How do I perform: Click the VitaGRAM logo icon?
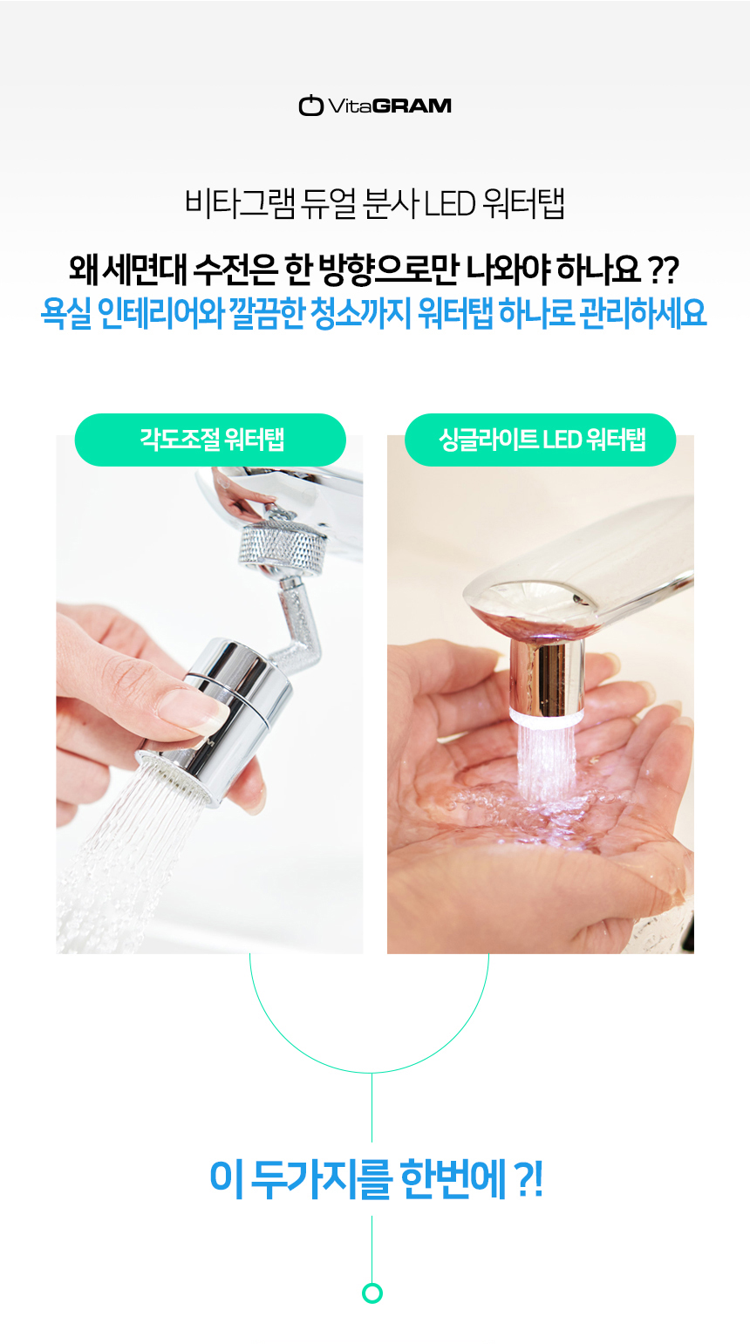[310, 105]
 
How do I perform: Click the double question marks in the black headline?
[665, 270]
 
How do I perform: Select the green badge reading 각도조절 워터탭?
[210, 440]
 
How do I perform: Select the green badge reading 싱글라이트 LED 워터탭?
[541, 440]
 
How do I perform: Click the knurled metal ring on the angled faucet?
[282, 543]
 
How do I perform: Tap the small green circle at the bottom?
[372, 1293]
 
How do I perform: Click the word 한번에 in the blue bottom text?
[453, 1179]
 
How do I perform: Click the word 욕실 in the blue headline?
[66, 312]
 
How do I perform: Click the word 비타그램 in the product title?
[240, 204]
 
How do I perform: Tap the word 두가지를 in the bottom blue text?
[321, 1179]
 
